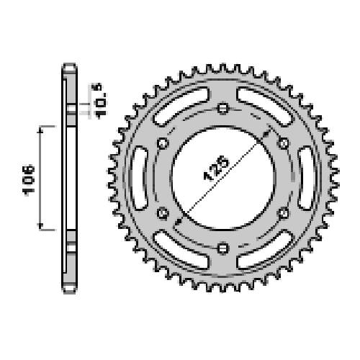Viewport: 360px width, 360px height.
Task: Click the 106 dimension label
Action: (29, 180)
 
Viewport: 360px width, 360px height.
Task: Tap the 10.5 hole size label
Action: (99, 101)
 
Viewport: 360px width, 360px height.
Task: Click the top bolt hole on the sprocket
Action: (223, 108)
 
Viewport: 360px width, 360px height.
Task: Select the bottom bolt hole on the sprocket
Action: (223, 248)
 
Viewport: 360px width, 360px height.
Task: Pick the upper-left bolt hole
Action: (163, 143)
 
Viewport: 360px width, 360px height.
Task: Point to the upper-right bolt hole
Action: (283, 143)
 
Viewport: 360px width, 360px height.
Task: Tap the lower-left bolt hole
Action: (163, 213)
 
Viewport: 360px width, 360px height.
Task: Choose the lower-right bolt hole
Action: (283, 213)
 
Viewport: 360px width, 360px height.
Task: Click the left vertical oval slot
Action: (140, 178)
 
